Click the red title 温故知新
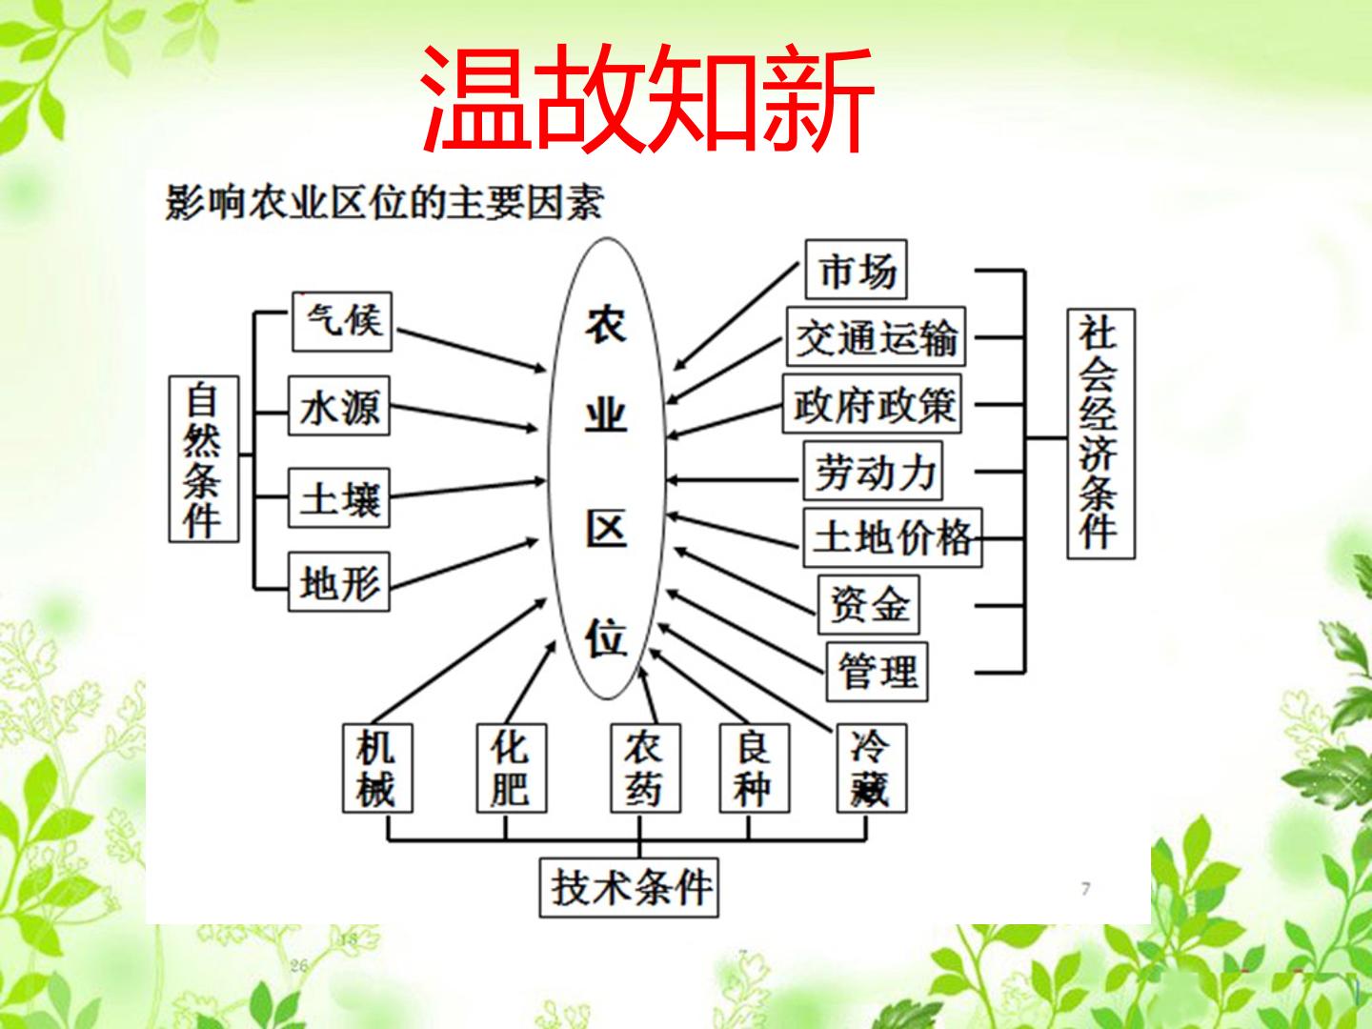(x=647, y=98)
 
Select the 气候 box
(x=343, y=322)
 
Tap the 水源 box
(x=339, y=406)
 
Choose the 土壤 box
(x=339, y=498)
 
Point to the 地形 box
(x=339, y=581)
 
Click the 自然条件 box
(x=204, y=459)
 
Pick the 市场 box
(x=856, y=270)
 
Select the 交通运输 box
(x=876, y=336)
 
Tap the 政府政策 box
(x=872, y=404)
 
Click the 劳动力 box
(x=873, y=471)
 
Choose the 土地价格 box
(x=893, y=538)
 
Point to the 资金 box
(x=869, y=605)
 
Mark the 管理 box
(x=877, y=672)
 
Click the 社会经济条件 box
(x=1101, y=434)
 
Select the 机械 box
(x=377, y=769)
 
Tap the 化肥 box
(x=512, y=769)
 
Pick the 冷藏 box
(x=872, y=769)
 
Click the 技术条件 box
(x=629, y=888)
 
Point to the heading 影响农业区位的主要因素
(x=384, y=202)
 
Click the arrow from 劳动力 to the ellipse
(x=733, y=480)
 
